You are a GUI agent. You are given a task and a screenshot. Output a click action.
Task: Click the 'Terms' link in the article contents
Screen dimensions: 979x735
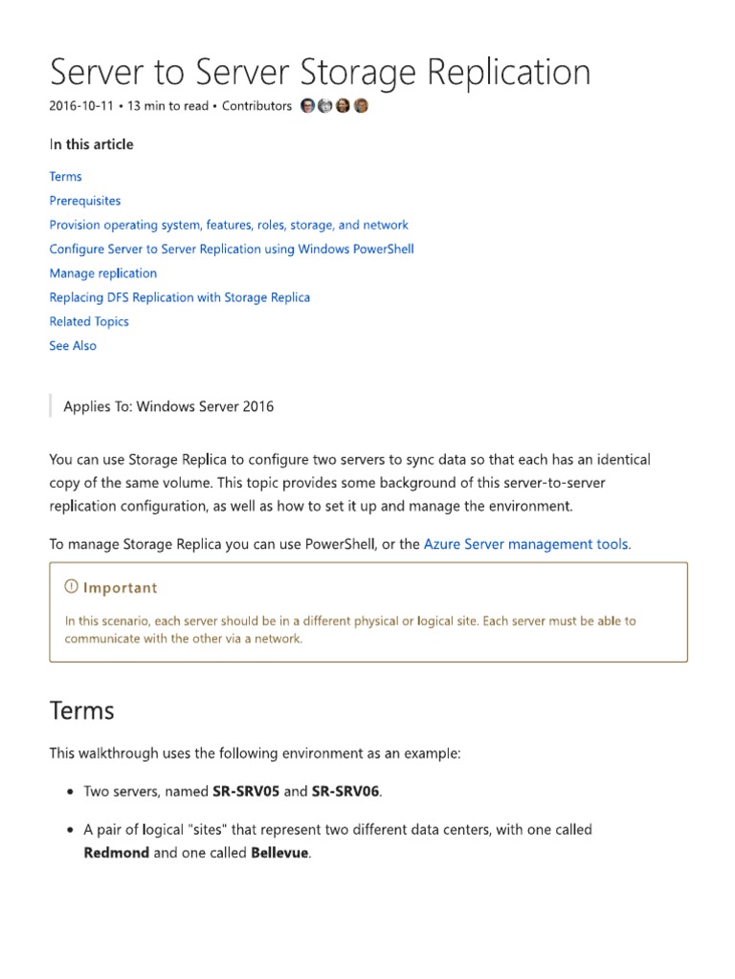[x=65, y=177]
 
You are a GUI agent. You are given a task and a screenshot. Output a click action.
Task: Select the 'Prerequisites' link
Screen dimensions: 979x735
[x=85, y=201]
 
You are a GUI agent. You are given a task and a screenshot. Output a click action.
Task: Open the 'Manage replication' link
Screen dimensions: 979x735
[x=102, y=273]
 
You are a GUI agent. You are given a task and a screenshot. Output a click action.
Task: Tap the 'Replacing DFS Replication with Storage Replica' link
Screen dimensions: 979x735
[x=179, y=297]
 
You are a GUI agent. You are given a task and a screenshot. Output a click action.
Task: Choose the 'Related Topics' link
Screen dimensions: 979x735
[x=89, y=321]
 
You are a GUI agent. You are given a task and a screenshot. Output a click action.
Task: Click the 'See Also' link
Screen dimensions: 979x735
[x=73, y=346]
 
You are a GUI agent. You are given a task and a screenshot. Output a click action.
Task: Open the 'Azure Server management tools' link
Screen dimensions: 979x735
[x=525, y=544]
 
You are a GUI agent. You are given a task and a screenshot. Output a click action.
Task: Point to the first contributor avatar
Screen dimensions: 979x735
[x=307, y=106]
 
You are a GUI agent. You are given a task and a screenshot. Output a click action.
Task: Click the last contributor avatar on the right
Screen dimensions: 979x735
[x=361, y=106]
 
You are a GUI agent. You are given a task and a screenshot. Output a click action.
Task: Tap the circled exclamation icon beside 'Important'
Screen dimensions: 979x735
[x=71, y=587]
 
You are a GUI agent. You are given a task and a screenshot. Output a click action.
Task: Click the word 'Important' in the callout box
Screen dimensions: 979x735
[x=120, y=588]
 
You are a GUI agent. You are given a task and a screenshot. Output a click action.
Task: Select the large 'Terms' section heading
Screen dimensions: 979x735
[x=81, y=711]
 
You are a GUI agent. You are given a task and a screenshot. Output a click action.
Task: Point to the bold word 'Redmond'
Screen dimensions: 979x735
[x=116, y=853]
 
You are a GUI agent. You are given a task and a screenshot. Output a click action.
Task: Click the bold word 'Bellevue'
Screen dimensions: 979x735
[x=279, y=853]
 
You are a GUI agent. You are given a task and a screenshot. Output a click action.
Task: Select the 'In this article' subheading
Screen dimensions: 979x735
[x=91, y=144]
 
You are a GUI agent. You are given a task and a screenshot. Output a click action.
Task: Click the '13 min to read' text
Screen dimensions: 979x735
[x=167, y=106]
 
